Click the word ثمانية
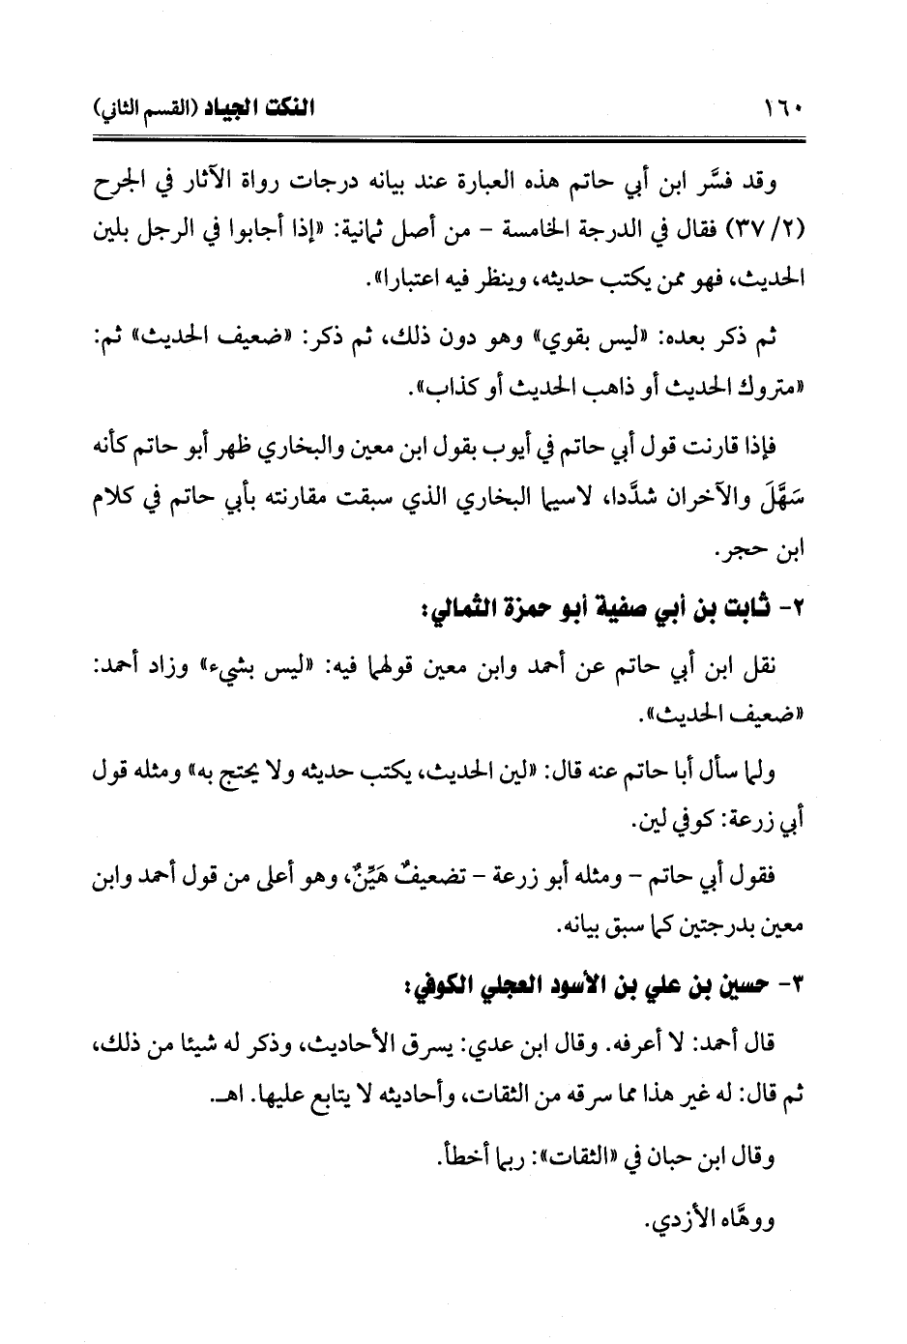point(346,233)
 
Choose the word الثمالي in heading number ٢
point(453,612)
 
